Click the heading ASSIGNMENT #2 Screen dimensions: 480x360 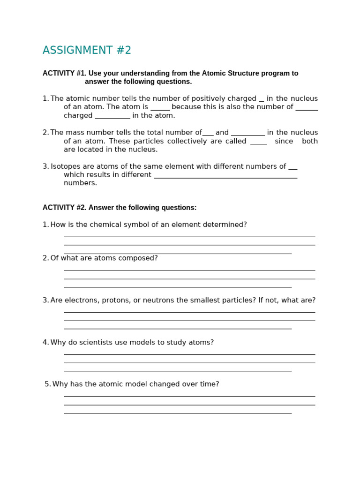coord(87,51)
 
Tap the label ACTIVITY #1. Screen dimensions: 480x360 coord(64,74)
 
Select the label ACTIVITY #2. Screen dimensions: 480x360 coord(64,208)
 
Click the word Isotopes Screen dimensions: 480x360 coord(65,166)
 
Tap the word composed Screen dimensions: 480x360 coord(140,258)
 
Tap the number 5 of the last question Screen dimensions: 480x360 coord(47,384)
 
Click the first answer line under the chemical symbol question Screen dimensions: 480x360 coord(189,237)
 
